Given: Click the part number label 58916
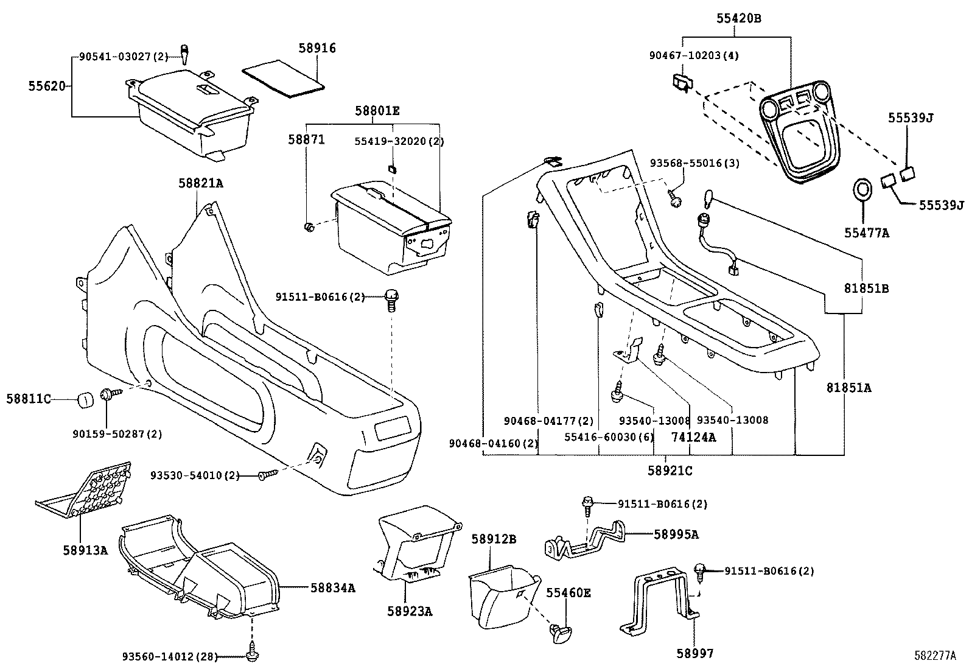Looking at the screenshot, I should pyautogui.click(x=317, y=48).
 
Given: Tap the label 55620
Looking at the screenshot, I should pyautogui.click(x=46, y=86).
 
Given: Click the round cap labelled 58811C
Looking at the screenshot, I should pyautogui.click(x=85, y=401).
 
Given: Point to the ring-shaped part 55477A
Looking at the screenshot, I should pyautogui.click(x=862, y=190).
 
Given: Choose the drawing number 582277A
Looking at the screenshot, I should pyautogui.click(x=935, y=656).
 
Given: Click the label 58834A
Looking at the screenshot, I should pyautogui.click(x=332, y=587).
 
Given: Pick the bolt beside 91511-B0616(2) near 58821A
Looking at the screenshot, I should pyautogui.click(x=391, y=300).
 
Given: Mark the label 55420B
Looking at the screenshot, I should pyautogui.click(x=738, y=19).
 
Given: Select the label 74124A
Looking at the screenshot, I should pyautogui.click(x=693, y=437).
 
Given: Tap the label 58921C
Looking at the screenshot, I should pyautogui.click(x=669, y=471).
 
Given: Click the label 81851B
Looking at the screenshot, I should pyautogui.click(x=866, y=289).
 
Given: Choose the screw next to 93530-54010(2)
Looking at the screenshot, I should pyautogui.click(x=267, y=475).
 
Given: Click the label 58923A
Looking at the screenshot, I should pyautogui.click(x=410, y=611).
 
